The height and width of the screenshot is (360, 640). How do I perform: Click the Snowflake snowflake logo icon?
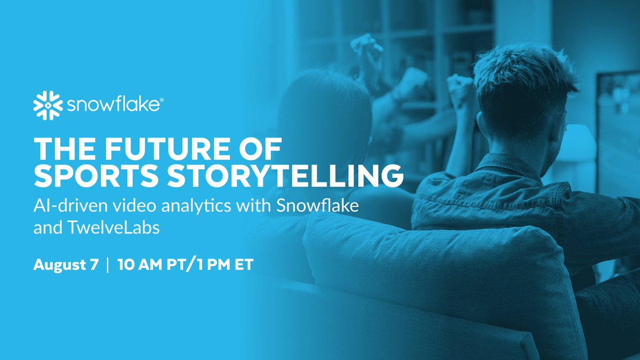[47, 105]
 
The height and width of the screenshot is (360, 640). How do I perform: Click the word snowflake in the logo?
[112, 105]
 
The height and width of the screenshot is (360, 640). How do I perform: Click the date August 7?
[66, 265]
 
